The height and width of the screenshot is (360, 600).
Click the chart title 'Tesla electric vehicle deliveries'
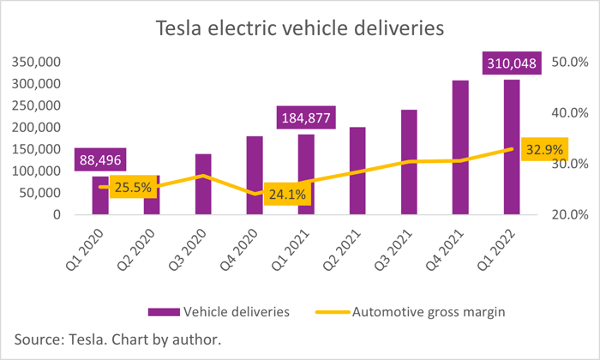click(x=300, y=28)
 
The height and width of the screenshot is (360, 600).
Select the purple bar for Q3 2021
click(x=409, y=162)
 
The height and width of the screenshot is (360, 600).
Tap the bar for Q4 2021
click(x=460, y=147)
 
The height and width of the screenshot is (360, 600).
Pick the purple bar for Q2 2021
click(x=357, y=171)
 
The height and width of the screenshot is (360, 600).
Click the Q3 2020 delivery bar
click(x=203, y=184)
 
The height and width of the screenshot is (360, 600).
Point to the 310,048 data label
click(x=512, y=63)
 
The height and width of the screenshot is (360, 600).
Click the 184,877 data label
click(x=306, y=117)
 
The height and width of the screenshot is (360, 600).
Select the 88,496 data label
click(x=100, y=159)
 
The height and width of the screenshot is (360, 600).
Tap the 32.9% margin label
click(x=544, y=149)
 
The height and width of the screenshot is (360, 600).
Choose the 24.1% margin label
click(x=287, y=194)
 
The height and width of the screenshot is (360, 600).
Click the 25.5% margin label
click(x=133, y=187)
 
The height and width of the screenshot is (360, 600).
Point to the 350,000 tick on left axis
click(x=36, y=62)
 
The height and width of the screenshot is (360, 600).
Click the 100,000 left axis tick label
click(x=36, y=171)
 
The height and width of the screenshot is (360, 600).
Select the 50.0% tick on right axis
click(x=570, y=62)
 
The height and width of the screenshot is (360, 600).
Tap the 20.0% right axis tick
click(x=570, y=214)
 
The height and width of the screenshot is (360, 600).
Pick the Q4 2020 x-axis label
click(x=239, y=250)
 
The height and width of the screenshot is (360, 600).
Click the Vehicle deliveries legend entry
click(x=219, y=312)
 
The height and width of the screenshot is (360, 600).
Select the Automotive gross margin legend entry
click(x=411, y=312)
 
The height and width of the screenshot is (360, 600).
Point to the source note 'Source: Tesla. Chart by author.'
click(x=118, y=339)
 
